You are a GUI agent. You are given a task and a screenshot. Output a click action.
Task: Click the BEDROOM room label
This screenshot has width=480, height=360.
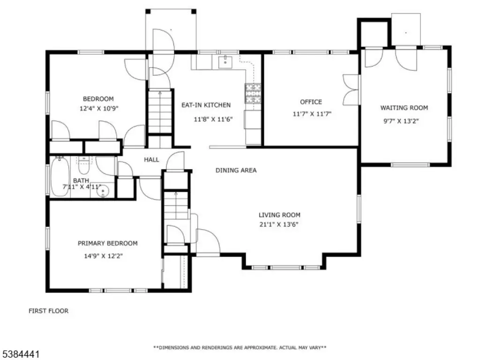(98, 99)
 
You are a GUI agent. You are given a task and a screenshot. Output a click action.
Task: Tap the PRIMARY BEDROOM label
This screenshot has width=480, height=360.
(107, 243)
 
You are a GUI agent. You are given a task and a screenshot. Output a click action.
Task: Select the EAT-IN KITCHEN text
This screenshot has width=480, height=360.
(206, 105)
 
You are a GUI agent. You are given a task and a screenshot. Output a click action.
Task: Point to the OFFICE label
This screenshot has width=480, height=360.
(311, 102)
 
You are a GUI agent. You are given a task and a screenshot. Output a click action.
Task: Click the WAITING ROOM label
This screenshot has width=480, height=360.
(404, 108)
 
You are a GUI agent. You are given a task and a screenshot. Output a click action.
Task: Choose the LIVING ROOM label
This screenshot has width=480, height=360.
(279, 215)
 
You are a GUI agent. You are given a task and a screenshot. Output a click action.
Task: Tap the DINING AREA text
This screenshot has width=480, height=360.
(236, 170)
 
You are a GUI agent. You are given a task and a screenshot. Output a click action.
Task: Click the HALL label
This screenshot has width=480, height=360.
(151, 159)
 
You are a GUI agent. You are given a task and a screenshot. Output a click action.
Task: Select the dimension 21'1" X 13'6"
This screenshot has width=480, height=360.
(279, 225)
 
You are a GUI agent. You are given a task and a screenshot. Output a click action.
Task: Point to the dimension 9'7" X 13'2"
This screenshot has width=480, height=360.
(401, 121)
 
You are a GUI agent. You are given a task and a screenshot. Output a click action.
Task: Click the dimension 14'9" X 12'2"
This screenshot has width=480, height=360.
(104, 256)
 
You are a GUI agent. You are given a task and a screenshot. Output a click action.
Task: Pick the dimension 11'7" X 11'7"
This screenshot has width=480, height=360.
(312, 114)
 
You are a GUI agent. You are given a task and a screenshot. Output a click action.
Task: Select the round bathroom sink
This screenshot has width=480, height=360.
(103, 191)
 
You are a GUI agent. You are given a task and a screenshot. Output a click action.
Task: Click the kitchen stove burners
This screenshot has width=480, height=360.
(253, 93)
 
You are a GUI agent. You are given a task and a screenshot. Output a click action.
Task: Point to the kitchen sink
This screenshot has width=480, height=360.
(225, 62)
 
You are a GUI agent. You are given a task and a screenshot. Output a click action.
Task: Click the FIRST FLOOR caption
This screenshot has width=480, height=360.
(48, 311)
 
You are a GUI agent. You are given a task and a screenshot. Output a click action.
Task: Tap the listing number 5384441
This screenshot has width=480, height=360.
(20, 354)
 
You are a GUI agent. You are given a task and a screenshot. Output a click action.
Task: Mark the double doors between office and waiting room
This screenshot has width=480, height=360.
(351, 90)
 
